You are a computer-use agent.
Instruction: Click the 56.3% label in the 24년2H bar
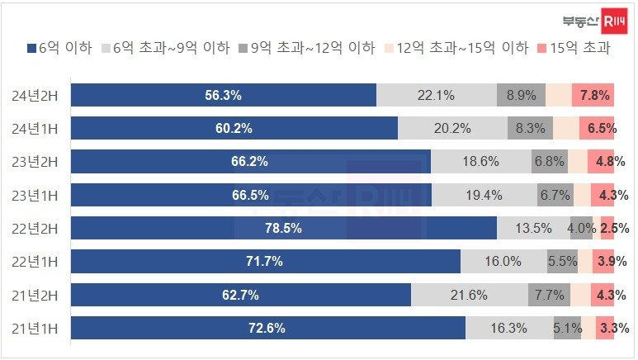coord(223,95)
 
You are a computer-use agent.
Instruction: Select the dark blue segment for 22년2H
coord(283,228)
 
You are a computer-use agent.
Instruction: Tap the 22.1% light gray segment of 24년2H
coord(436,95)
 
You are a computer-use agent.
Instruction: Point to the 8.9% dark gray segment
coord(521,95)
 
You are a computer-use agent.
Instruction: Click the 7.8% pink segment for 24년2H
coord(594,95)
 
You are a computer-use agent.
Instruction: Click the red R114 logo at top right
coord(615,21)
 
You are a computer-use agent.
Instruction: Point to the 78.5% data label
coord(282,228)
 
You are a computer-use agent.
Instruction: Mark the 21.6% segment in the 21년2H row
coord(469,295)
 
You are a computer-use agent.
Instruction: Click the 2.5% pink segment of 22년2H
coord(607,228)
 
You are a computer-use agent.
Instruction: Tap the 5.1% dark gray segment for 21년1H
coord(567,328)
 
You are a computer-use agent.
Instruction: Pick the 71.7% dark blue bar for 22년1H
coord(265,261)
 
